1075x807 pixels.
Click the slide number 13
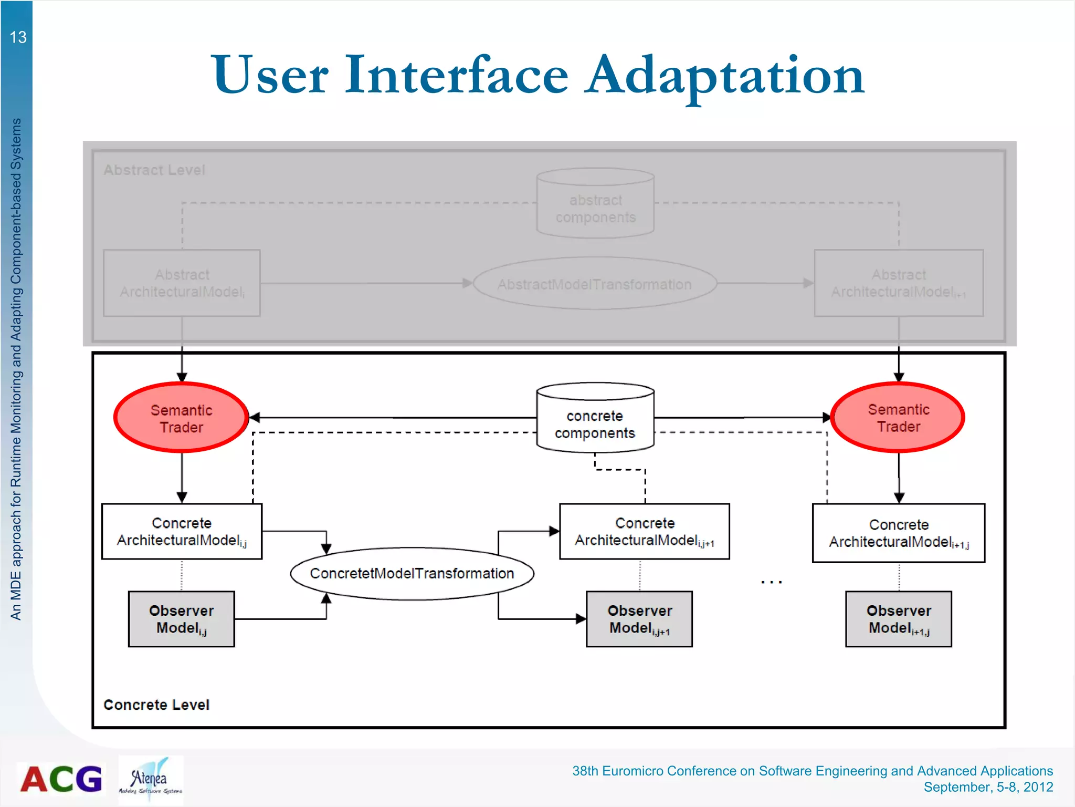click(18, 37)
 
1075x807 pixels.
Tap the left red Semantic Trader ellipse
click(181, 418)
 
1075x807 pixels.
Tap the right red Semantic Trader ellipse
click(898, 417)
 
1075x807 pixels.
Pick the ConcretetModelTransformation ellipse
click(412, 573)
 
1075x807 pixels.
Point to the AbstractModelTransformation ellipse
click(595, 284)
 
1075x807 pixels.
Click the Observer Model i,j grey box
click(182, 619)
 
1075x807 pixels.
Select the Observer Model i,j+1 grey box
click(639, 619)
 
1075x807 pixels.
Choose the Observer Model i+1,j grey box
click(898, 619)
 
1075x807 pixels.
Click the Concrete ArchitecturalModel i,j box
click(182, 531)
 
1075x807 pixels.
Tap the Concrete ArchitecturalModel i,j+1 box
click(644, 531)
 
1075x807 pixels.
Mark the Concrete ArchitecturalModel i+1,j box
click(898, 533)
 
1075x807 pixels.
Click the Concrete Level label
click(156, 705)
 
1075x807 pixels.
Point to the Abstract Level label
click(154, 170)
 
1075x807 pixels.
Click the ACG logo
click(61, 779)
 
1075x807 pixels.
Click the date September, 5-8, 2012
click(988, 787)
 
